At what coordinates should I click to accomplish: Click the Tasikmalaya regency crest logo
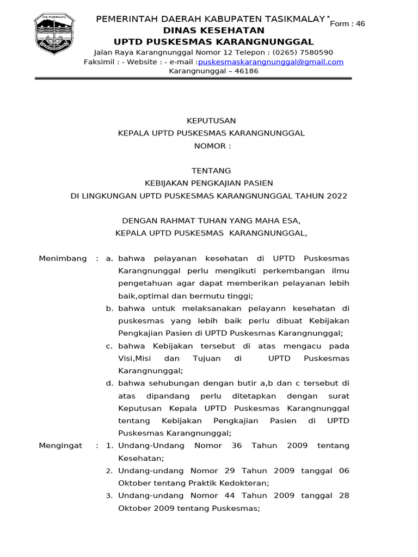57,34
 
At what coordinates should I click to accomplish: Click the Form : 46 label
347,23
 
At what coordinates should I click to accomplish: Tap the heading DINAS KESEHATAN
213,30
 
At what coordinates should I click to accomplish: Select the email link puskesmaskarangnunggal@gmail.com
271,62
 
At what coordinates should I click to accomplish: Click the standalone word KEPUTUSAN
212,121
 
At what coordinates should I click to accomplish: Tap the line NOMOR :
212,146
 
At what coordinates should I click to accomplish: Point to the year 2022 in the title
337,196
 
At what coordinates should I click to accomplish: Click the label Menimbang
63,258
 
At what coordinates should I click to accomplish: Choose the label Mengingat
60,445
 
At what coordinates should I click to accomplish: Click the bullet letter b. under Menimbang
109,308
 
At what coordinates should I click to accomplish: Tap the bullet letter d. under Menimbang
109,383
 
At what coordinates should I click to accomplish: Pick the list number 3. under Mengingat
109,496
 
